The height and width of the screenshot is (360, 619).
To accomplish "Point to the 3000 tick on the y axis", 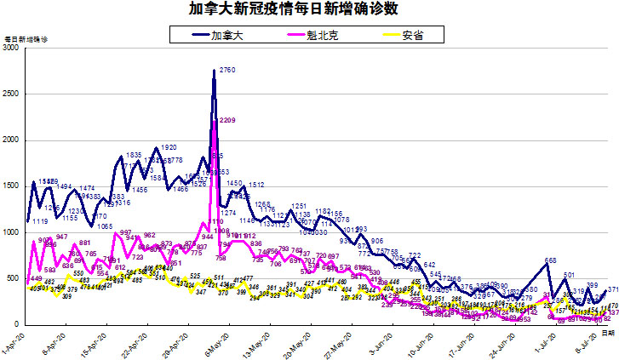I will point(12,49).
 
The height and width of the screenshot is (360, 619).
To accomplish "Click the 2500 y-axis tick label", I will point(12,94).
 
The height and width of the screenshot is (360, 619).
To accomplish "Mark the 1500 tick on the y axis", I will point(12,186).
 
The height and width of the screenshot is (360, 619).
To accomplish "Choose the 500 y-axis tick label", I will point(14,278).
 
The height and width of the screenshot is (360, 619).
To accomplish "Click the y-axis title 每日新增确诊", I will point(26,40).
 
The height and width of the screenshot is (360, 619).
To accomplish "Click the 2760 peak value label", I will point(227,70).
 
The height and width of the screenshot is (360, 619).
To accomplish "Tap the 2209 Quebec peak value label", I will point(227,121).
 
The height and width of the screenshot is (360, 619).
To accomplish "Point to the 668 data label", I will point(551,260).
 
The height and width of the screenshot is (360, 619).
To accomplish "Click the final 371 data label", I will point(612,290).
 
